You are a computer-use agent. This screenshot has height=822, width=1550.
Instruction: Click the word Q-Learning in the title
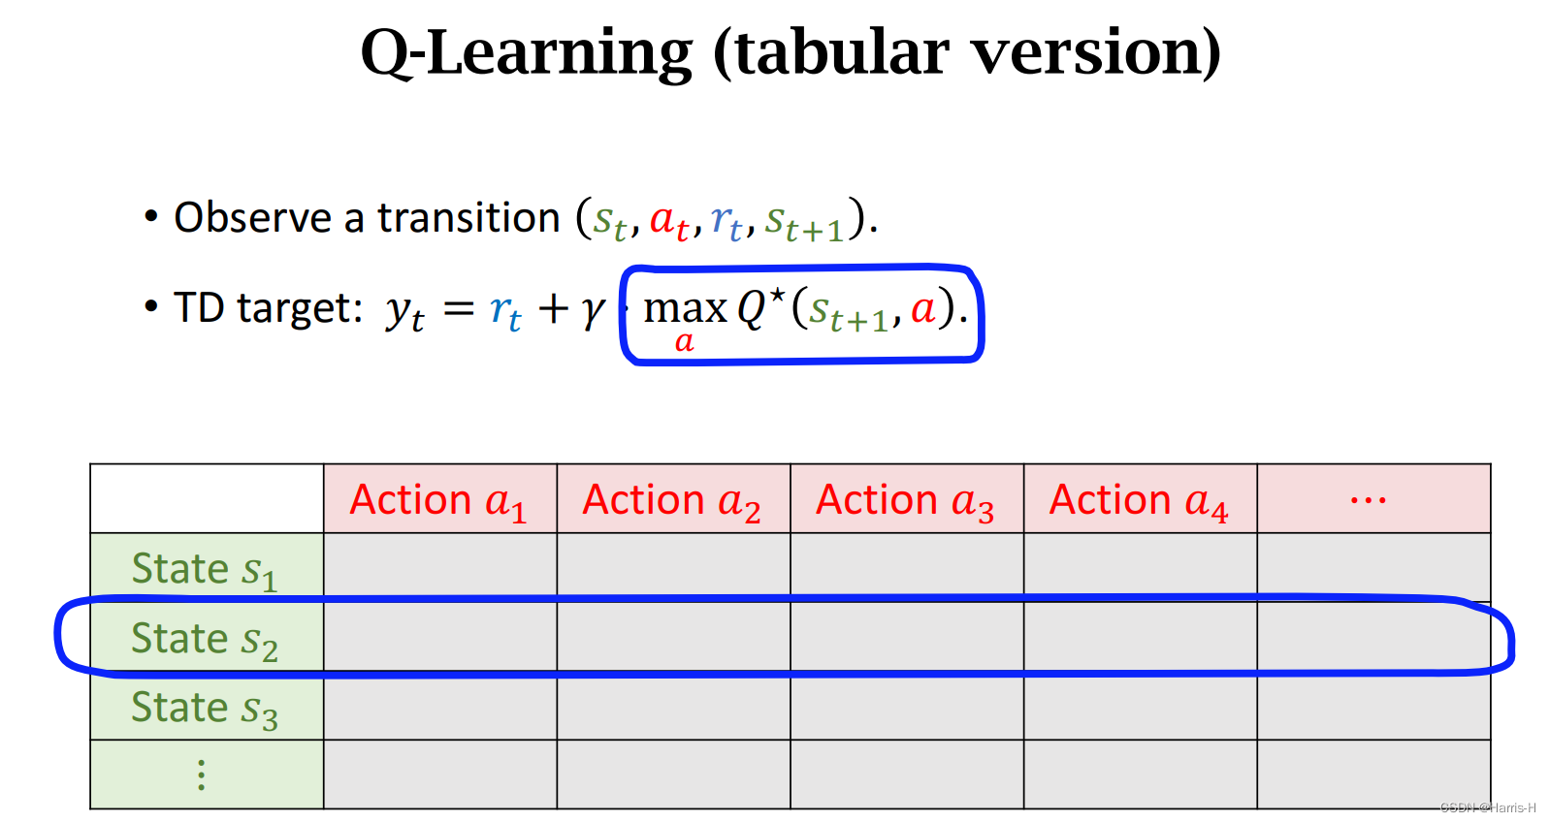click(526, 52)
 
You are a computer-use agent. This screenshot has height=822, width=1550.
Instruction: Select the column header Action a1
click(439, 500)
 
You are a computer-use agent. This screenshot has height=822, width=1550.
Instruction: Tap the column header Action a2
click(672, 500)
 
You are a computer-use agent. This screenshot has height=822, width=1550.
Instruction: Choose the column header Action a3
click(906, 500)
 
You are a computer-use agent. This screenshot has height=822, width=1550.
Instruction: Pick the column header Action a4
click(1140, 500)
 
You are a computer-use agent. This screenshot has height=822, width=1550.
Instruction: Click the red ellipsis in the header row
click(1368, 500)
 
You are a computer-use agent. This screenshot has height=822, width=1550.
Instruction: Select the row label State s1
click(205, 569)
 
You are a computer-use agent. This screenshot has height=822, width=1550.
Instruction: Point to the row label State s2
click(205, 639)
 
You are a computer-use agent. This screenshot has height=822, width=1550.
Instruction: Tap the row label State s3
click(205, 709)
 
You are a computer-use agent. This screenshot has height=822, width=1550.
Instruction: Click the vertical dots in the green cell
click(202, 775)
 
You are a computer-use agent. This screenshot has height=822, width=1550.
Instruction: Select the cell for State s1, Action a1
click(440, 566)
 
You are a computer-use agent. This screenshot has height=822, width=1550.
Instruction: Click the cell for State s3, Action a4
click(1140, 707)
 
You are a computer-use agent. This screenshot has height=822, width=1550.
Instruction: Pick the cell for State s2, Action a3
click(906, 637)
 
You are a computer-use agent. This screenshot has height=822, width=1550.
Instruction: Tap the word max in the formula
click(685, 309)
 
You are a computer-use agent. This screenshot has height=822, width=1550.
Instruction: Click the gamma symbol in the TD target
click(593, 310)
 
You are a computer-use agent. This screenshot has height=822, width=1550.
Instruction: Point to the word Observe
click(252, 218)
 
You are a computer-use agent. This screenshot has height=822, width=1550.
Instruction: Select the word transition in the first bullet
click(469, 218)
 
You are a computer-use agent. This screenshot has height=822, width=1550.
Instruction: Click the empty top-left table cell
click(207, 498)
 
